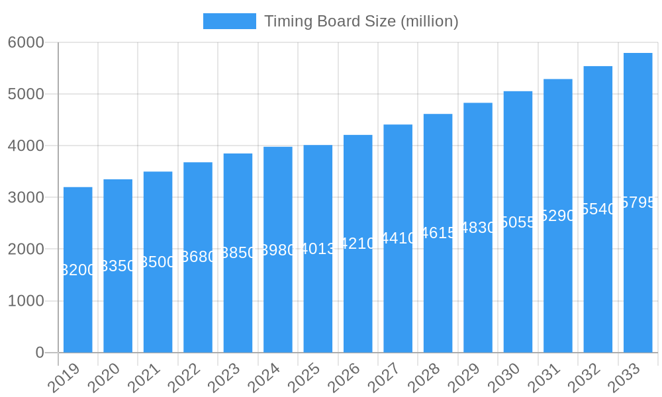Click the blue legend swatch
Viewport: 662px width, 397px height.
[229, 21]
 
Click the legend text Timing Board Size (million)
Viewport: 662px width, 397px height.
[361, 21]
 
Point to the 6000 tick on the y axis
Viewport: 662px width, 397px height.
[26, 42]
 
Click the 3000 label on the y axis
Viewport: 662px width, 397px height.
[26, 197]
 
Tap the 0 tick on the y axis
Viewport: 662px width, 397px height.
[40, 353]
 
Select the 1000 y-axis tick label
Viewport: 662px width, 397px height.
[26, 301]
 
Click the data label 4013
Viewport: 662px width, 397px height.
[318, 249]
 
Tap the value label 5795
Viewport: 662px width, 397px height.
[638, 202]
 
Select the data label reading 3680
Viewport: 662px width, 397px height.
[198, 257]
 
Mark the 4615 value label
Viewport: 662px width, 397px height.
[438, 233]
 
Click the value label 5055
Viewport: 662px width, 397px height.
[518, 222]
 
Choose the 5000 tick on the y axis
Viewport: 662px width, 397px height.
[26, 94]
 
